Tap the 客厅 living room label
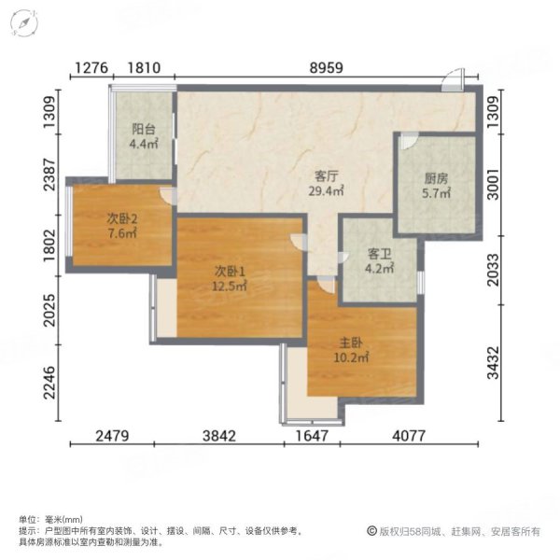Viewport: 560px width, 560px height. (326, 174)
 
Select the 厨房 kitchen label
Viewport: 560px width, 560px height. (437, 176)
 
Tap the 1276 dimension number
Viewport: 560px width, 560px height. (91, 67)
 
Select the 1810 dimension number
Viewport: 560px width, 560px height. (146, 67)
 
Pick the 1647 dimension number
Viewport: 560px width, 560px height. (314, 436)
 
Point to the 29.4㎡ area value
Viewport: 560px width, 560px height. (326, 190)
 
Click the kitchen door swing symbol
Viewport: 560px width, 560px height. (409, 142)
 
